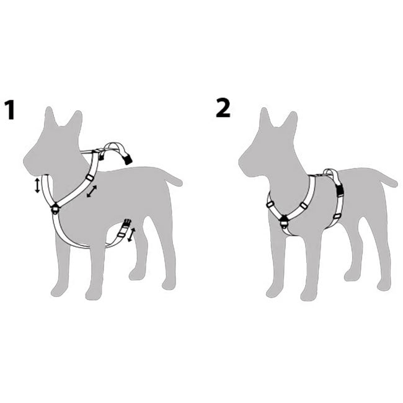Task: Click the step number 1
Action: click(x=11, y=110)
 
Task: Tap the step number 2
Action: click(x=223, y=108)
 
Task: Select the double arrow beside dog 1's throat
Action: click(x=37, y=185)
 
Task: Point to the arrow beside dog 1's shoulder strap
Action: click(x=92, y=191)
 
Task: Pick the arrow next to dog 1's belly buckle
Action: click(x=131, y=234)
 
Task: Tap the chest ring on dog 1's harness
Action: click(x=55, y=209)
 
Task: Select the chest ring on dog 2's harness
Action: click(x=284, y=223)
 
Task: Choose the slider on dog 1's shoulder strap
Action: click(x=90, y=177)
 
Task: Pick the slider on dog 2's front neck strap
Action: click(x=270, y=205)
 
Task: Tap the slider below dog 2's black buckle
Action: click(x=337, y=216)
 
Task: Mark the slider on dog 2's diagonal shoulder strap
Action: click(x=304, y=206)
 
